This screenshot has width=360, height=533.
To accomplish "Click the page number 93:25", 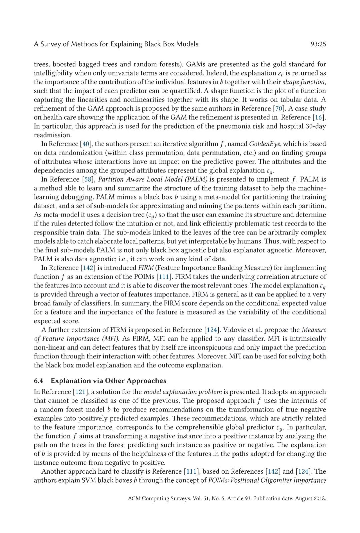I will [318, 44].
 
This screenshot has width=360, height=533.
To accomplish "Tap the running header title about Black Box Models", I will [116, 44].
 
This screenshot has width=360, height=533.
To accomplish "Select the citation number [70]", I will [279, 109].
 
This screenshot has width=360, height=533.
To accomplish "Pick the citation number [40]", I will [86, 144].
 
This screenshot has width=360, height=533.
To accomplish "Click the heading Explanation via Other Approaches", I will [108, 381].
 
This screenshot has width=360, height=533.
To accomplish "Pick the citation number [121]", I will [80, 392].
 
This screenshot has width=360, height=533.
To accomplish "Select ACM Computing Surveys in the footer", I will [158, 498].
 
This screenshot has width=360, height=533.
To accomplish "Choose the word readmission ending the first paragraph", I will [52, 135].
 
